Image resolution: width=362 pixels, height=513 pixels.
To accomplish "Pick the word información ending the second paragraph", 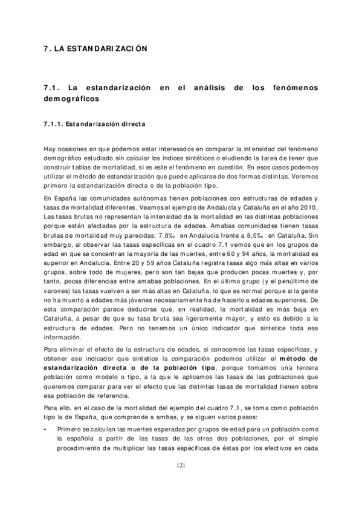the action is pos(62,337).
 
